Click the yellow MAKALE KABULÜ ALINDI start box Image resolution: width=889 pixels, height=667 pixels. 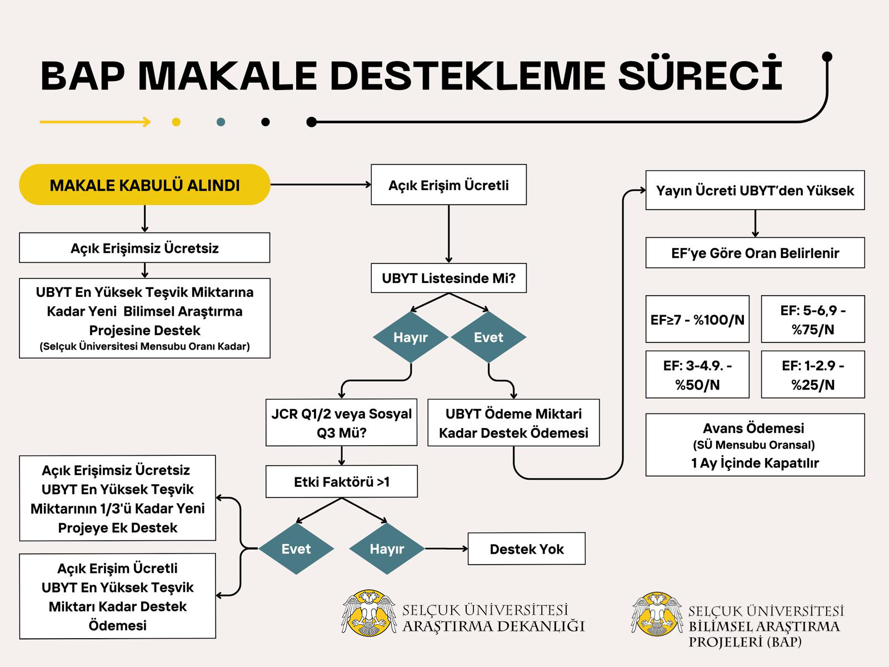click(144, 185)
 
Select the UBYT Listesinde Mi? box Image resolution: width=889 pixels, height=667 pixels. click(449, 278)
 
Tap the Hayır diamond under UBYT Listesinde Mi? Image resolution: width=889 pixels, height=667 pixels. click(411, 337)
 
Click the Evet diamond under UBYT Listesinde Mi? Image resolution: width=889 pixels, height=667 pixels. click(488, 337)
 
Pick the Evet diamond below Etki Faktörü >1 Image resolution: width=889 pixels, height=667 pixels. click(296, 549)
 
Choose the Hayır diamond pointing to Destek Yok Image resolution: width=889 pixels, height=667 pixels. click(387, 549)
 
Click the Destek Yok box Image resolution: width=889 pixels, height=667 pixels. click(527, 549)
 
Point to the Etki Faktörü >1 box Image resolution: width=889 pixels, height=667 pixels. click(341, 481)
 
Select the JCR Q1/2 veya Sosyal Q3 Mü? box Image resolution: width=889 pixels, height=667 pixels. click(341, 423)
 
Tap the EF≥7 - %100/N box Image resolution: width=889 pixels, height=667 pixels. click(697, 319)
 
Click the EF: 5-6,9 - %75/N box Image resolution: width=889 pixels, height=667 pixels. click(813, 319)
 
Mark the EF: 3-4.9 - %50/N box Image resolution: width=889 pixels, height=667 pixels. click(697, 375)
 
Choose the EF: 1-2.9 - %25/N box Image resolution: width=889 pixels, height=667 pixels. click(813, 375)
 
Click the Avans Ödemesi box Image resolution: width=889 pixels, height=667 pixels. click(755, 445)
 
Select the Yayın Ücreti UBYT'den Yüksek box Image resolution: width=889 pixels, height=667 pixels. click(755, 190)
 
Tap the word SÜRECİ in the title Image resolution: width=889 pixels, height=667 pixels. click(700, 75)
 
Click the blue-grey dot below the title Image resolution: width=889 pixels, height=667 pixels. click(221, 122)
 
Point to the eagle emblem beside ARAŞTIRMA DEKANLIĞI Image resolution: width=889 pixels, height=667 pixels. click(369, 613)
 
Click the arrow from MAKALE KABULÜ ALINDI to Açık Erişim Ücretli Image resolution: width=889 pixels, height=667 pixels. click(321, 185)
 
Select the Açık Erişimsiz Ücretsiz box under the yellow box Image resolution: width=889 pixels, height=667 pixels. click(144, 247)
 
